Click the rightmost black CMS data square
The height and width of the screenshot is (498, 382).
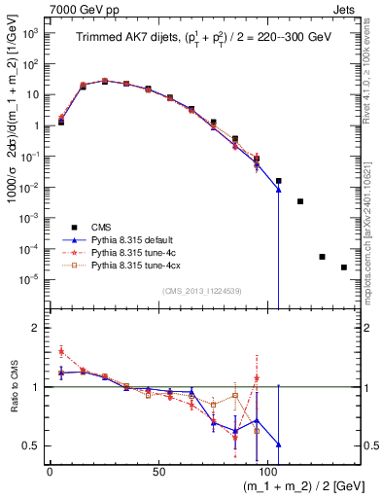pos(344,267)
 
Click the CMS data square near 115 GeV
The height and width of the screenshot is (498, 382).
pos(300,201)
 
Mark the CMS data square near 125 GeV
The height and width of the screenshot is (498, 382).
pos(322,257)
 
